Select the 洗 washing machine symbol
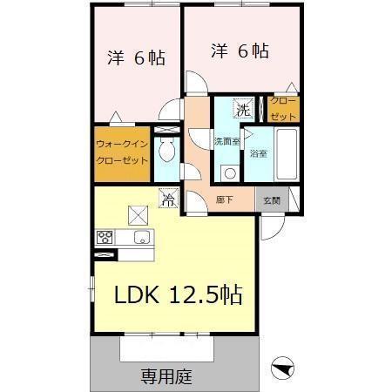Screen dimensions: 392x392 [245, 110]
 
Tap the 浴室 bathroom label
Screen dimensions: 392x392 [258, 154]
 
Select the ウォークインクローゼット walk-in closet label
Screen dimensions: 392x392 [122, 154]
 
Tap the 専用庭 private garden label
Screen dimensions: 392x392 [166, 377]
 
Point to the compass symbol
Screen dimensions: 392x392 [284, 368]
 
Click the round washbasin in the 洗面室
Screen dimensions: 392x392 [228, 171]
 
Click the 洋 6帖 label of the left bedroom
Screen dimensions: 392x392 [136, 58]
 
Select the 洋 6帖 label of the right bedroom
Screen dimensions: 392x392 [239, 51]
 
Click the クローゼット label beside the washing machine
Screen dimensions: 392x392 [285, 109]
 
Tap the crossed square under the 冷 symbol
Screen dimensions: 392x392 [136, 213]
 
